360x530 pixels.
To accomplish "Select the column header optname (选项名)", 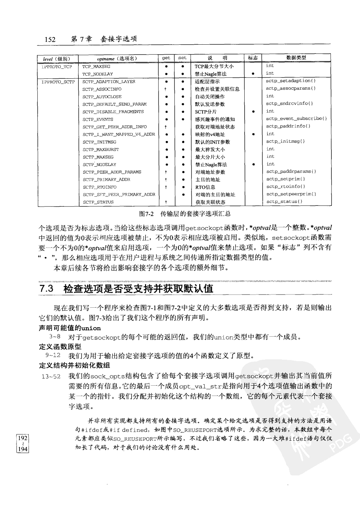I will pyautogui.click(x=117, y=58).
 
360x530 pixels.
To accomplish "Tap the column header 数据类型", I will pyautogui.click(x=296, y=58).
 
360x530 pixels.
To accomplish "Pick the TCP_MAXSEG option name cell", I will pyautogui.click(x=96, y=67).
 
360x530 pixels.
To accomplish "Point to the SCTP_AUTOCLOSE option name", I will pyautogui.click(x=102, y=97).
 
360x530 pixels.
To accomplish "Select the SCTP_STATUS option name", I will pyautogui.click(x=98, y=202).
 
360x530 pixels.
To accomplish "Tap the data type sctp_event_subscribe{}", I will pyautogui.click(x=296, y=119).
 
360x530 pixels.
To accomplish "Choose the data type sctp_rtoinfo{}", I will pyautogui.click(x=286, y=187).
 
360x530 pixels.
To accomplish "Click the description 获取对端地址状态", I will pyautogui.click(x=215, y=127).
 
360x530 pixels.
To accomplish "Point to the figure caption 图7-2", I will pyautogui.click(x=146, y=214).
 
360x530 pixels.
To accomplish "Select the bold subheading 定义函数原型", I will pyautogui.click(x=60, y=346).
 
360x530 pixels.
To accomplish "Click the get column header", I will pyautogui.click(x=166, y=58).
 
